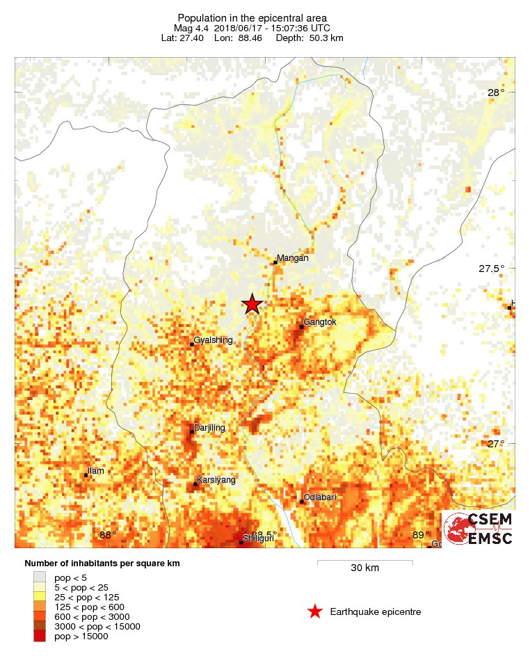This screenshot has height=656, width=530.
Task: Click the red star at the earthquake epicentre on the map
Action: point(252,303)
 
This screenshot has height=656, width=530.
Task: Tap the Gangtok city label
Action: point(320,322)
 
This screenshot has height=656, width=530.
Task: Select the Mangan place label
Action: point(292,259)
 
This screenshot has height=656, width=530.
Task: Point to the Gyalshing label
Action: point(213,340)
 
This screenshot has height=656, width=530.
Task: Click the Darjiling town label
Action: point(209,428)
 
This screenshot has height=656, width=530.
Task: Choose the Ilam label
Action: point(96,471)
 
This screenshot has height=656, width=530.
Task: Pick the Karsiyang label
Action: point(216,480)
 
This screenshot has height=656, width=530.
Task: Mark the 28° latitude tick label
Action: point(496,93)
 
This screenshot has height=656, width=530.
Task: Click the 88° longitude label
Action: point(108,535)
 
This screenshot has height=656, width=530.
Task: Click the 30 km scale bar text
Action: point(364,568)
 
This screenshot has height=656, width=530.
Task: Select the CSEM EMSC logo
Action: point(479,529)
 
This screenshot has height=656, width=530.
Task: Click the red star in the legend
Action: point(315,611)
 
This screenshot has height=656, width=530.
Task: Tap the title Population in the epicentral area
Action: point(252,17)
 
